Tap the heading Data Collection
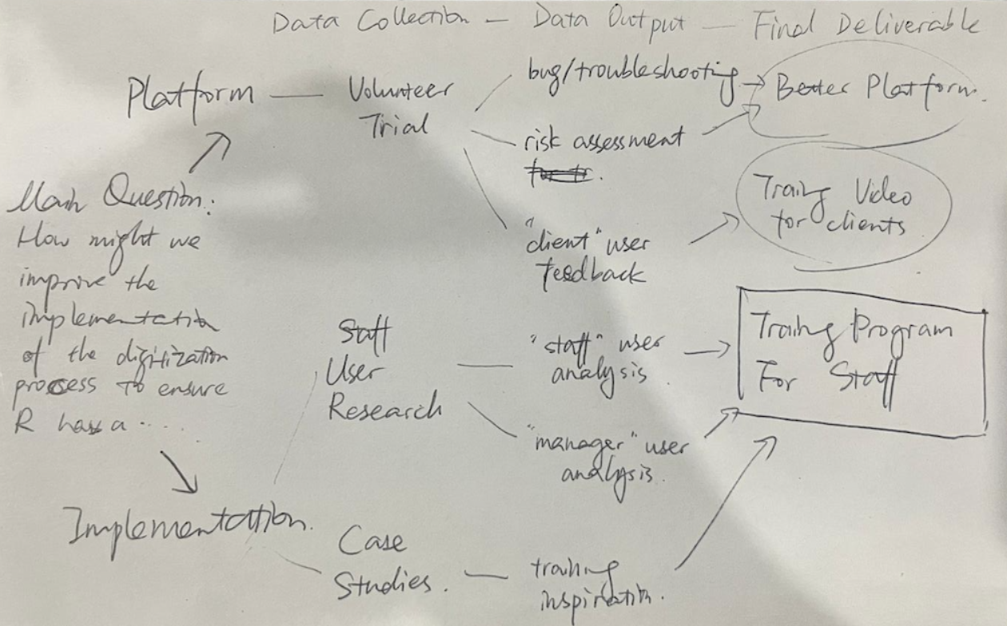coord(370,23)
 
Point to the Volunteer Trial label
coord(400,109)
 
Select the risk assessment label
coord(604,141)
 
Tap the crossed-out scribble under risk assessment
coord(559,173)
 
